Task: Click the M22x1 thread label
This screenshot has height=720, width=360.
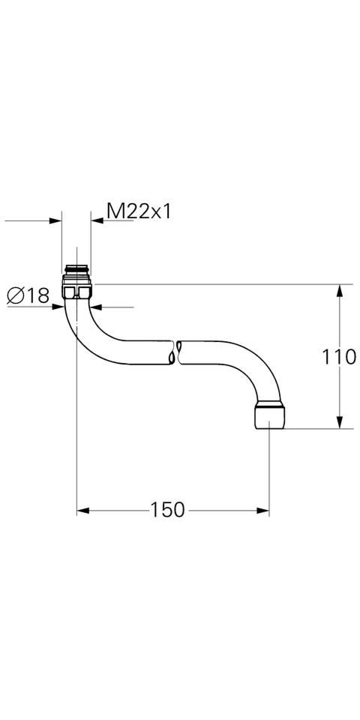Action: coord(139,212)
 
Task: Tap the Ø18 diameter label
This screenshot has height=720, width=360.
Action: coord(28,296)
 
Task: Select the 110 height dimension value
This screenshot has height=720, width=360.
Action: coord(340,357)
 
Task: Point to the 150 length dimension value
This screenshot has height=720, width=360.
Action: coord(166,511)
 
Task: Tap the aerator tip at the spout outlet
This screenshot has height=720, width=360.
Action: coord(269,415)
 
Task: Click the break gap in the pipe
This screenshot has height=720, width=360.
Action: coord(177,352)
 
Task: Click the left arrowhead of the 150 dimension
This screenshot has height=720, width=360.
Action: coord(83,511)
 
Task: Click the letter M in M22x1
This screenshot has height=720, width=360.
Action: coord(114,212)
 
